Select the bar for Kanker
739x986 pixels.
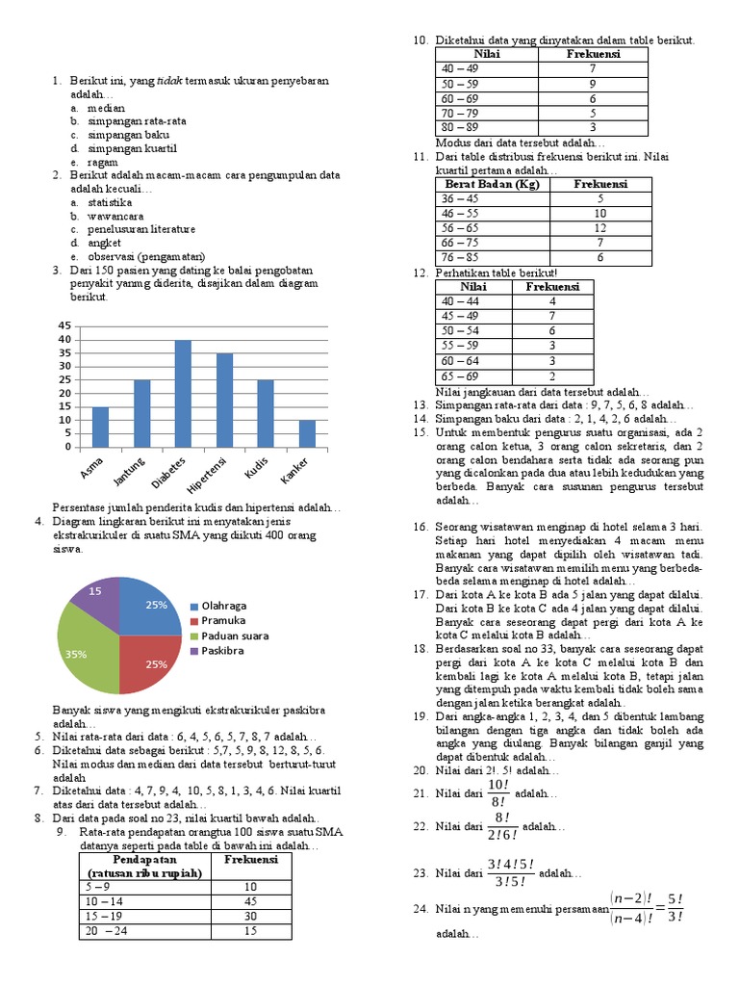click(x=307, y=433)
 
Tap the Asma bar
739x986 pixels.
click(x=100, y=427)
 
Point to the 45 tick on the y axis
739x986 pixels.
click(x=64, y=325)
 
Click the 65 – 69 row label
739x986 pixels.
click(x=459, y=376)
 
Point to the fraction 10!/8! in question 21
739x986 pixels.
click(x=497, y=793)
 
